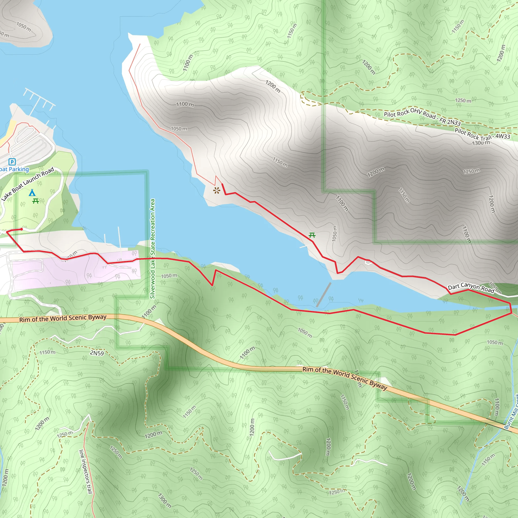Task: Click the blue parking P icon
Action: pos(12,162)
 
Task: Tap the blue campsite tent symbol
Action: pos(32,192)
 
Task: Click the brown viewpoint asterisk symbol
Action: pos(217,191)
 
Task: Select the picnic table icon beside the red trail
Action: pos(312,235)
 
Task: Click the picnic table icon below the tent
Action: pos(35,201)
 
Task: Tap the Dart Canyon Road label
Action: pos(471,288)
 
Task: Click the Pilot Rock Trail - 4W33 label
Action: pos(482,134)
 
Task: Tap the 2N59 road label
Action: pos(97,353)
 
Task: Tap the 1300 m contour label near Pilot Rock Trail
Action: pos(481,143)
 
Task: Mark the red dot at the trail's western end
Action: pos(22,229)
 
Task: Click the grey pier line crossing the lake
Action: pos(323,294)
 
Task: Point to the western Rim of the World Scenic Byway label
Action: pos(63,318)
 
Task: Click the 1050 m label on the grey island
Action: pos(24,27)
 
